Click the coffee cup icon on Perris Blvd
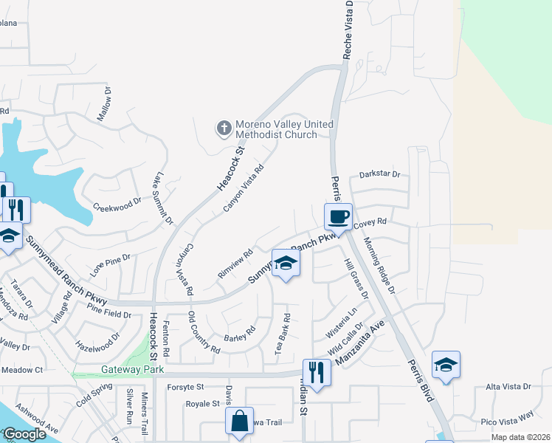338,217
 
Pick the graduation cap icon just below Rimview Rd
285,264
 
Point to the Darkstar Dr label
379,174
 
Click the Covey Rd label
370,221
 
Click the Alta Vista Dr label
508,386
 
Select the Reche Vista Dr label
349,30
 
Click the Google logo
24,434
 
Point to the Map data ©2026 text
520,437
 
